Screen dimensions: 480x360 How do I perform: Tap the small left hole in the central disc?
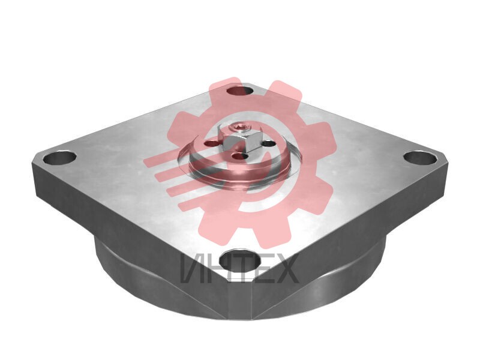(212, 143)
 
